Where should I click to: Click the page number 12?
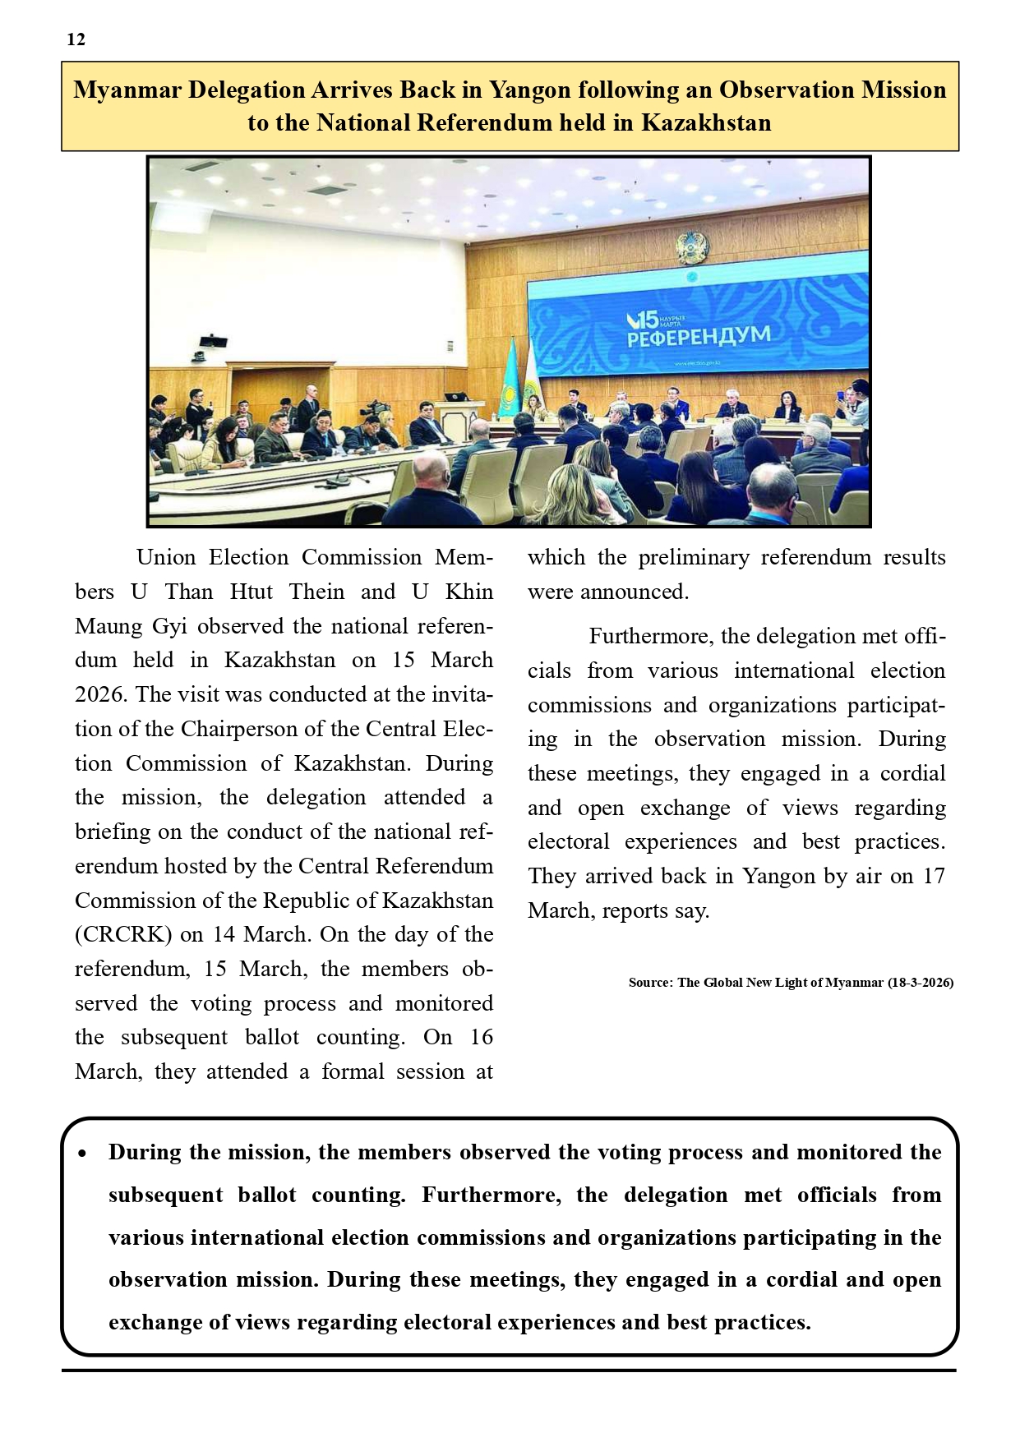76,39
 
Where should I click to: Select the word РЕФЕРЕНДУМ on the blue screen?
699,337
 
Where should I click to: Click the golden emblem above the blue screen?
691,246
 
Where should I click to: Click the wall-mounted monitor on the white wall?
213,341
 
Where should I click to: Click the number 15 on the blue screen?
647,320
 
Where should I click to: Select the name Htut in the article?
251,592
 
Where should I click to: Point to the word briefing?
113,832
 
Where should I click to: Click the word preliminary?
694,558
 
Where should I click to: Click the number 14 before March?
224,935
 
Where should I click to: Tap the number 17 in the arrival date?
933,876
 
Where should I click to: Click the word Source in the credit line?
649,983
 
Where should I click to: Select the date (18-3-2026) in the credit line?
920,983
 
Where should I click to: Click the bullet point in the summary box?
82,1154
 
